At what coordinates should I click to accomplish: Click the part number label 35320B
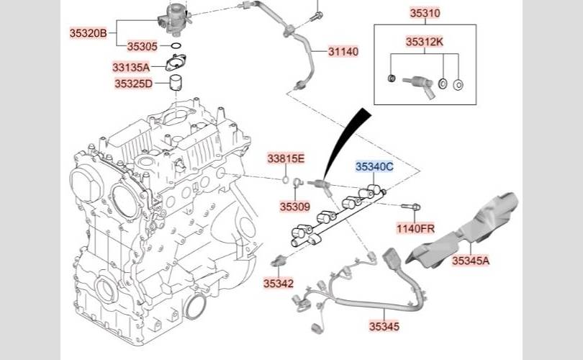pyautogui.click(x=88, y=33)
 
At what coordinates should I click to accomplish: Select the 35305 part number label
pyautogui.click(x=143, y=47)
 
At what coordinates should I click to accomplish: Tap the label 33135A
pyautogui.click(x=131, y=67)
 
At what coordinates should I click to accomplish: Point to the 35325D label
pyautogui.click(x=134, y=84)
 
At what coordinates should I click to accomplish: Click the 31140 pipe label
pyautogui.click(x=343, y=51)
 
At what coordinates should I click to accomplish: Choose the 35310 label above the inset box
pyautogui.click(x=425, y=13)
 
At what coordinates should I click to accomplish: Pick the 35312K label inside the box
pyautogui.click(x=425, y=42)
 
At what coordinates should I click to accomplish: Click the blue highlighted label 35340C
pyautogui.click(x=374, y=166)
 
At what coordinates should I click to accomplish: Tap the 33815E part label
pyautogui.click(x=286, y=159)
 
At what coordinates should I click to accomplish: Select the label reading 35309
pyautogui.click(x=295, y=207)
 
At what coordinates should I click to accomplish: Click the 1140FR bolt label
pyautogui.click(x=415, y=228)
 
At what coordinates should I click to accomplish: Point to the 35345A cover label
pyautogui.click(x=471, y=261)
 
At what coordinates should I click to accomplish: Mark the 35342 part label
pyautogui.click(x=279, y=284)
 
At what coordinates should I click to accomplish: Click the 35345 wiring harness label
pyautogui.click(x=384, y=326)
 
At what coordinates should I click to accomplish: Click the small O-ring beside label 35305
pyautogui.click(x=176, y=46)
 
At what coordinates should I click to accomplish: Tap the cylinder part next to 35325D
pyautogui.click(x=176, y=84)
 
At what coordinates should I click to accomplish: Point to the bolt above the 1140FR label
pyautogui.click(x=410, y=207)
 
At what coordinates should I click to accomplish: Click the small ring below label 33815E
pyautogui.click(x=286, y=180)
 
